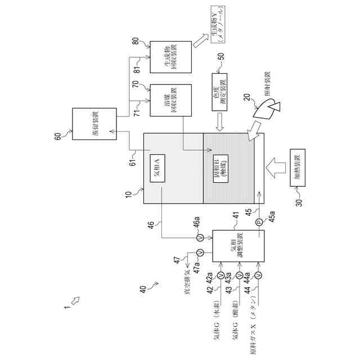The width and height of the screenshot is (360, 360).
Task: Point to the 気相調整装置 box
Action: [236, 246]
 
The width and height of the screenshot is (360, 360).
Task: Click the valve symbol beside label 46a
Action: [200, 238]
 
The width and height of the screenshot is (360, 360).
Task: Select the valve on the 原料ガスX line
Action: [259, 275]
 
